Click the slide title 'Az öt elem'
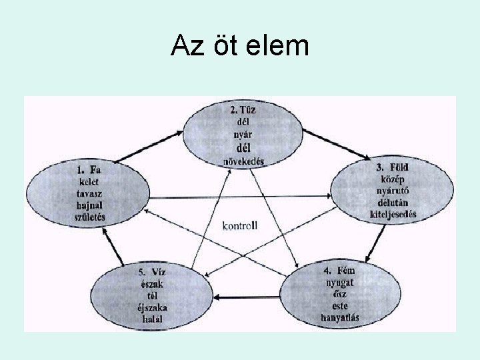[239, 47]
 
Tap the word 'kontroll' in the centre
[240, 225]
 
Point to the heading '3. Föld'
[391, 167]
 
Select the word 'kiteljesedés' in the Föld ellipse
[393, 214]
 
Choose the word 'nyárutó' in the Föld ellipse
[393, 191]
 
